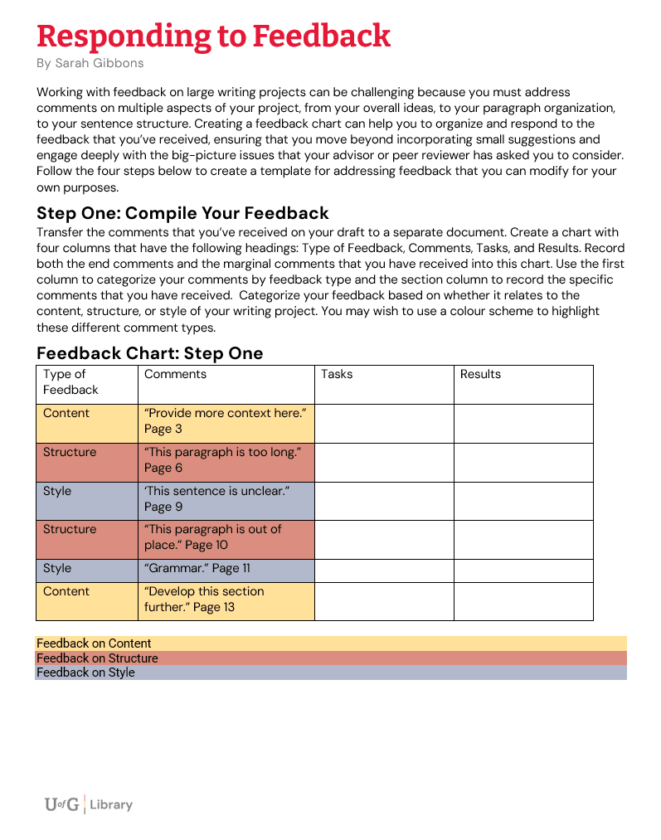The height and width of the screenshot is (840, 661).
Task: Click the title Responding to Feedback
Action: click(x=213, y=36)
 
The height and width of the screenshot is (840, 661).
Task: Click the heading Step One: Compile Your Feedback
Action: click(x=182, y=214)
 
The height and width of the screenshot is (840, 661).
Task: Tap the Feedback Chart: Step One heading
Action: click(x=149, y=353)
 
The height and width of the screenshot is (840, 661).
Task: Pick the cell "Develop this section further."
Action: click(x=226, y=600)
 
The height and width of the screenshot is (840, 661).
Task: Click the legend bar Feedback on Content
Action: click(x=331, y=643)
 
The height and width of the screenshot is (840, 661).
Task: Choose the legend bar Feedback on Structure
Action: click(x=331, y=658)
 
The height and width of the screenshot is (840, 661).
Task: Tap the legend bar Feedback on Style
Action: click(x=331, y=672)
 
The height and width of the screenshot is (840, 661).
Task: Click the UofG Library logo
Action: click(x=88, y=804)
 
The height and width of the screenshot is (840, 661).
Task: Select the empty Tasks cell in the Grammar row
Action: click(x=384, y=571)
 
